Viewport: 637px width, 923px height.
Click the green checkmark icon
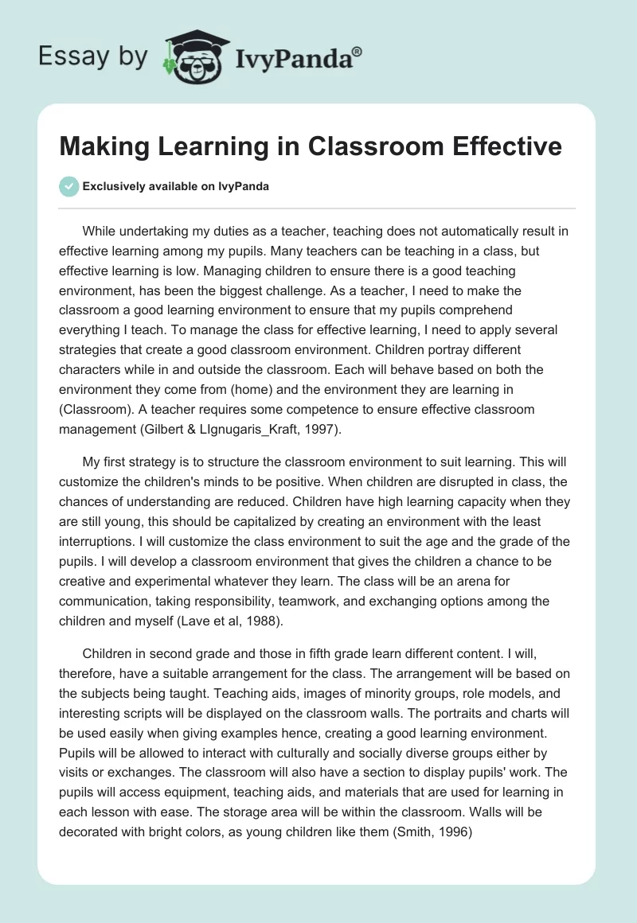(x=68, y=186)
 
